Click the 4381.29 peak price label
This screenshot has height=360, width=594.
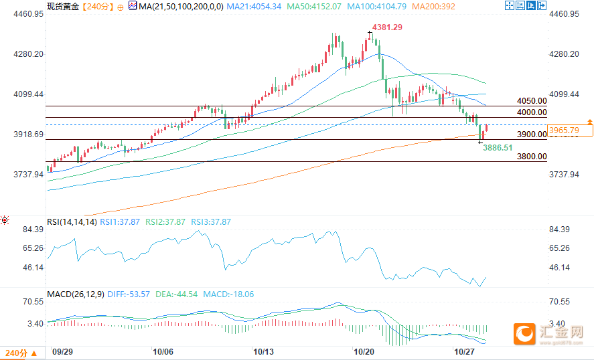tap(388, 27)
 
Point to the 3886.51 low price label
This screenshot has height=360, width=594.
tap(498, 147)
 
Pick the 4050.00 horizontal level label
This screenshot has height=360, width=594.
tap(532, 100)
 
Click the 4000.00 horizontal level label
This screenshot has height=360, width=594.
tap(532, 112)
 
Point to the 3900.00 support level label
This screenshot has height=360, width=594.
tap(532, 134)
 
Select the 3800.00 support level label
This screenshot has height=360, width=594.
tap(532, 157)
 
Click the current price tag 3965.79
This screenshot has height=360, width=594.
tap(563, 130)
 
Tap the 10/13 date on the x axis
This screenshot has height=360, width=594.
tap(263, 351)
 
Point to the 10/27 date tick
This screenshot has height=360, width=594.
tap(464, 351)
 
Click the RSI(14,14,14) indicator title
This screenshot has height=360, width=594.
tap(71, 221)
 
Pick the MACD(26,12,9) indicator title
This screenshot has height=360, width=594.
tap(76, 294)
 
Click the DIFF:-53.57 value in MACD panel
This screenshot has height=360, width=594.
tap(129, 294)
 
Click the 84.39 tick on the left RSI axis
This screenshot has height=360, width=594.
tap(32, 230)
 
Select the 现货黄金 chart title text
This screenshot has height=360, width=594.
tap(63, 6)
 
